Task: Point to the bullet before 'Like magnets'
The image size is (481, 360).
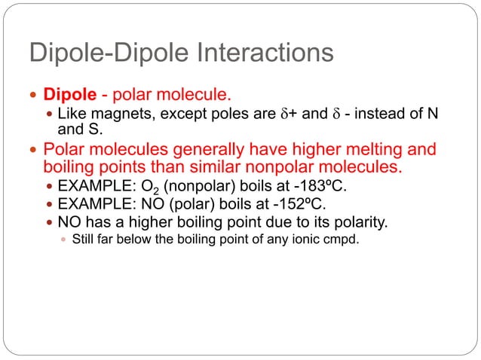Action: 49,114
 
